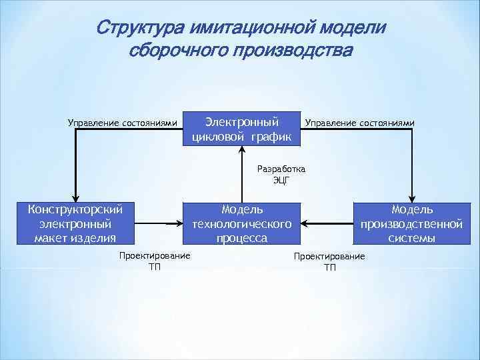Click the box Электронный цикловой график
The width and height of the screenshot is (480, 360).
coord(242,129)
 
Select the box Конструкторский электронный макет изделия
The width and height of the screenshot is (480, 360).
coord(75,224)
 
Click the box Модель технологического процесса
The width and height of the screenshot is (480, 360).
coord(241,224)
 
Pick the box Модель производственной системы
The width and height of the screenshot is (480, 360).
coord(411,224)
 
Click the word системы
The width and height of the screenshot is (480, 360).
coord(411,238)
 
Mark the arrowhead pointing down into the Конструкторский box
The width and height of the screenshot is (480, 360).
coord(75,197)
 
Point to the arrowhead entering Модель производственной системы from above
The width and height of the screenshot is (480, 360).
coord(413,197)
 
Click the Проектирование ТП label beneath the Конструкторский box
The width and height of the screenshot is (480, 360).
coord(154,261)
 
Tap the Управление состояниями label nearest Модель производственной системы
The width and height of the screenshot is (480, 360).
coord(359,123)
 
